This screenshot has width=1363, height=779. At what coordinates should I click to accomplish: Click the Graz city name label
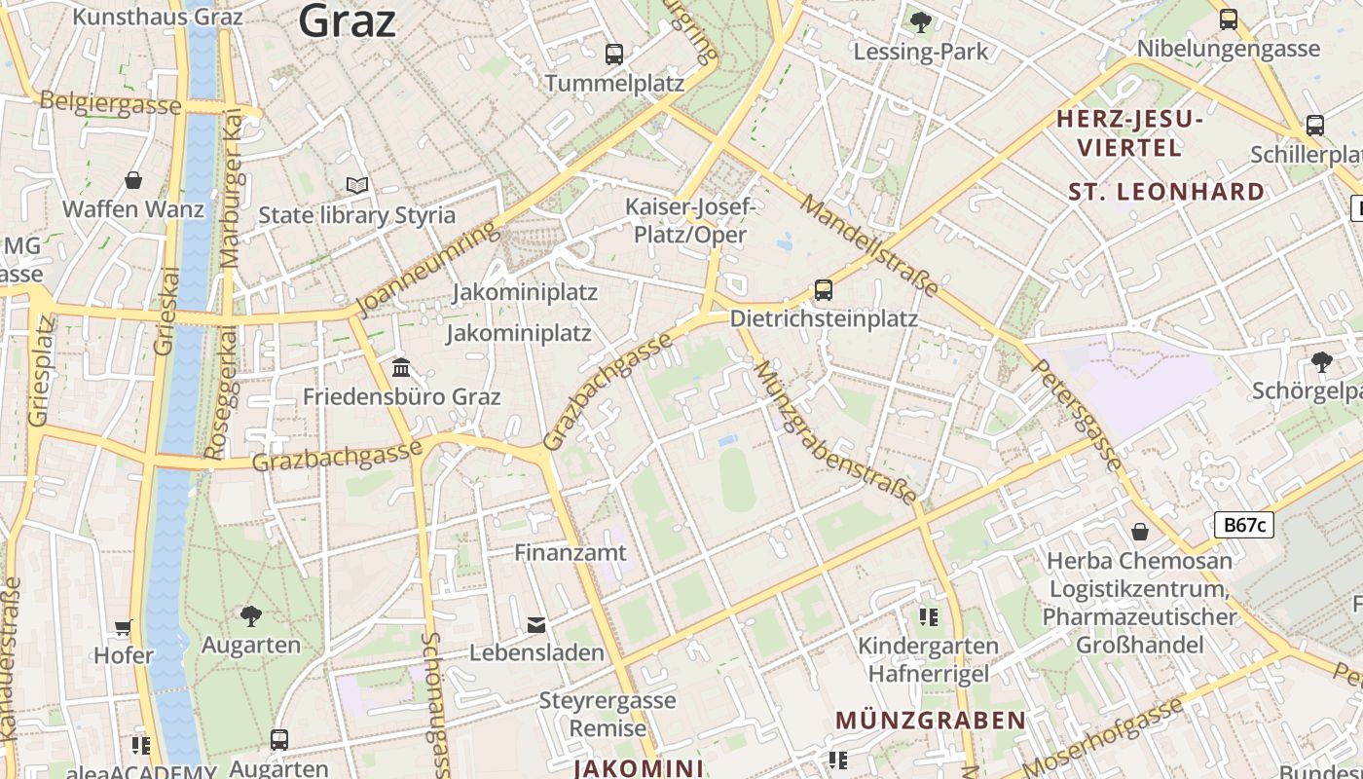(348, 19)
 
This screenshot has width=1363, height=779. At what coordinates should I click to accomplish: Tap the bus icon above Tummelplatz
(613, 55)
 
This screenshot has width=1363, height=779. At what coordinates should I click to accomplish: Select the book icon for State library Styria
(357, 185)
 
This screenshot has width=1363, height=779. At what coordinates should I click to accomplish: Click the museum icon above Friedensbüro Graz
(401, 368)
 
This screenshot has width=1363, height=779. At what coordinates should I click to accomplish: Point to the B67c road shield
(1244, 525)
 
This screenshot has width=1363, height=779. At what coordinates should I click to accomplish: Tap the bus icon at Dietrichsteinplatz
(824, 289)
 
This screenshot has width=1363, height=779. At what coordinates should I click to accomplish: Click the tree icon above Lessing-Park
(920, 21)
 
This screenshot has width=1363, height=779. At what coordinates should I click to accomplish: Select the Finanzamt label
(571, 552)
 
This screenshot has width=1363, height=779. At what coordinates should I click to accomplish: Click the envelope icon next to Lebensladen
(536, 624)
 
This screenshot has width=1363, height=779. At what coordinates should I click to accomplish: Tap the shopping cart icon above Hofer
(124, 627)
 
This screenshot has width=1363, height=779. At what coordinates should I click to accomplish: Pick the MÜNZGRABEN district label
(931, 721)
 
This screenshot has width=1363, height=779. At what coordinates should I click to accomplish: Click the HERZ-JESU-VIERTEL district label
(1130, 133)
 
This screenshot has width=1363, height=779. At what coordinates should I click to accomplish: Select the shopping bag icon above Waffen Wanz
(133, 180)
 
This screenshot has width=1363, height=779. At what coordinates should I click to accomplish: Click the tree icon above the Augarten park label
(251, 615)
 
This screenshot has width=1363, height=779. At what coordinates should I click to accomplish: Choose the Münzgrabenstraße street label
(835, 432)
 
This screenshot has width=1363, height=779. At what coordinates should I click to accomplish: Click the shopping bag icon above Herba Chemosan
(1139, 532)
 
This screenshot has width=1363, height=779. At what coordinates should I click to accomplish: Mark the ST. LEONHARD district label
(1166, 191)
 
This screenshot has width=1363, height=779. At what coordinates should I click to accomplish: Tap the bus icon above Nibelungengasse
(1229, 19)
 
